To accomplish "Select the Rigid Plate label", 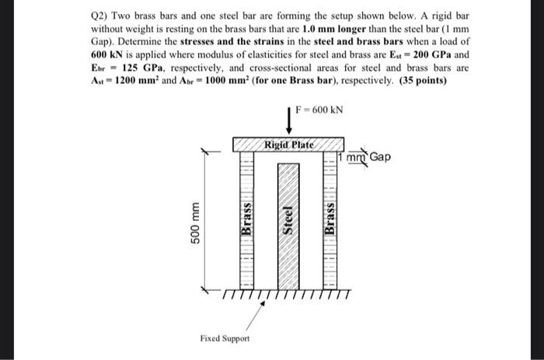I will [x=289, y=145].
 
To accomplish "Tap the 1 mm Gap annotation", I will [x=368, y=157].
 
